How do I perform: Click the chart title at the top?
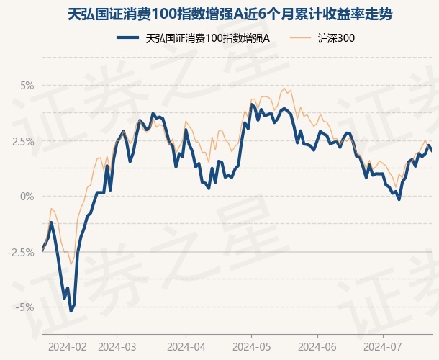coord(219,14)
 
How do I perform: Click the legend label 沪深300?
coord(335,37)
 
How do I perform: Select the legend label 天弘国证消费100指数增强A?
coord(207,37)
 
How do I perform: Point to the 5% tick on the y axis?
coord(27,85)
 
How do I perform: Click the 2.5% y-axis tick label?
coord(23,140)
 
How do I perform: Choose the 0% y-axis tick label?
coord(27,196)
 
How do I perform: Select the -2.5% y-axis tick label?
coord(22,251)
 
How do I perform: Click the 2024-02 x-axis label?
coord(68,346)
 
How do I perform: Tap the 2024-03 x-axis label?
coord(117,346)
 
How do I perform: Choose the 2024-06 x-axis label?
coord(317,346)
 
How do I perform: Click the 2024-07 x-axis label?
coord(382,346)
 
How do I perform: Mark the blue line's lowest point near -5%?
coord(71,310)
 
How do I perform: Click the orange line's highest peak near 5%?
coord(285,89)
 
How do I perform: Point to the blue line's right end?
coord(431,150)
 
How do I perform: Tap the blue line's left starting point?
coord(42,251)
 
